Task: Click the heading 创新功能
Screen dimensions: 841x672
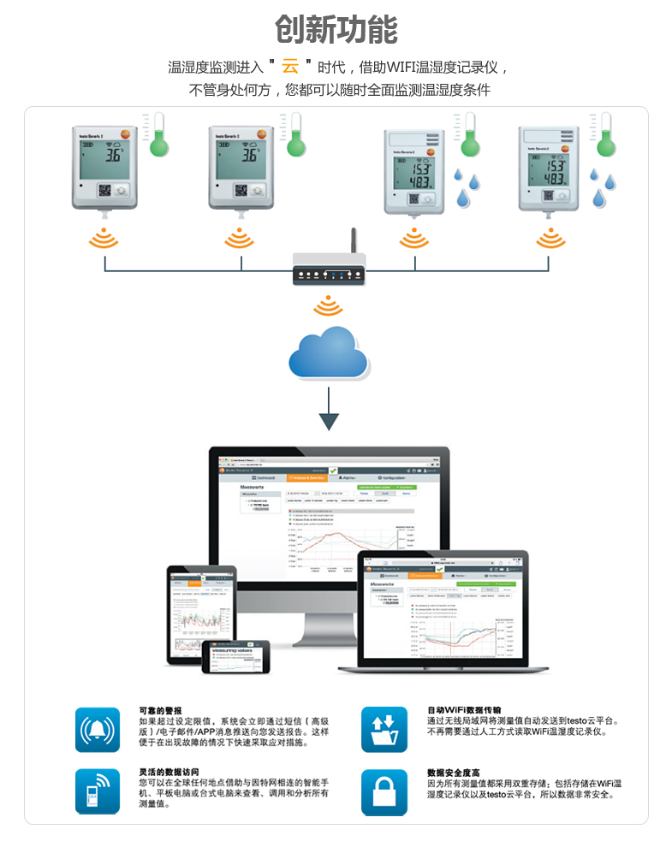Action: click(336, 29)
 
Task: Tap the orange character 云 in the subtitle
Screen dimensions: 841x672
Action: click(290, 66)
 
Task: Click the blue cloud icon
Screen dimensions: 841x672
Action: click(328, 352)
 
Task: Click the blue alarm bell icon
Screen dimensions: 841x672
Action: click(98, 730)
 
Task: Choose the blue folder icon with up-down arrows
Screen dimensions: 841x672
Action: click(384, 730)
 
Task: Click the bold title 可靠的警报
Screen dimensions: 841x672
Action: click(161, 710)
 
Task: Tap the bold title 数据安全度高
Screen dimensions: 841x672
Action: click(454, 772)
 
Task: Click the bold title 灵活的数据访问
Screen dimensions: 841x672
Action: click(169, 772)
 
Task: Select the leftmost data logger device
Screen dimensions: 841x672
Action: click(104, 168)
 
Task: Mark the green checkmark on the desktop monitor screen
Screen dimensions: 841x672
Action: click(333, 471)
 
